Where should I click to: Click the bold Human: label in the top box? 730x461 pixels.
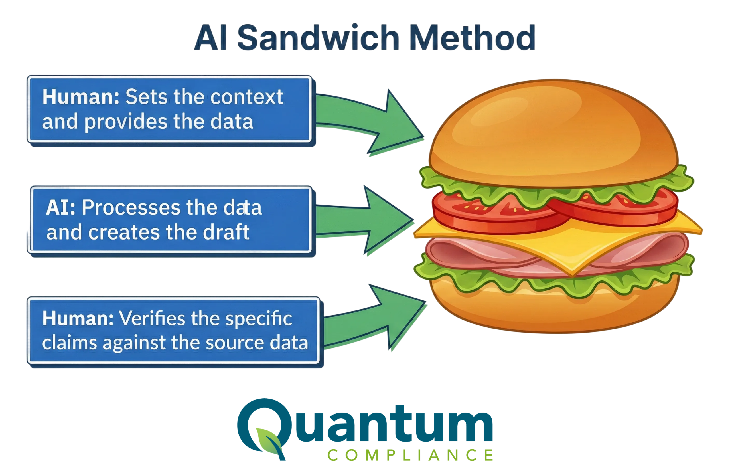[x=81, y=97]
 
